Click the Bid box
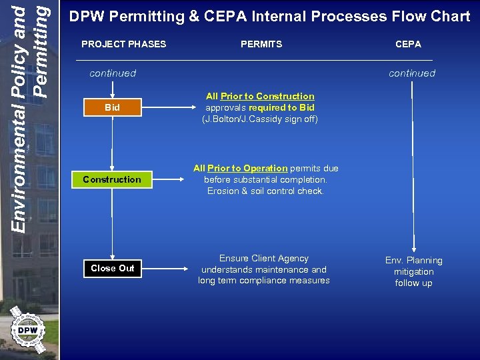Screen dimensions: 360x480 tap(112, 107)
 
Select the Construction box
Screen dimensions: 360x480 tap(112, 179)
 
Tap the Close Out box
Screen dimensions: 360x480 tap(112, 268)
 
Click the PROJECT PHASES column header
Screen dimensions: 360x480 tap(123, 44)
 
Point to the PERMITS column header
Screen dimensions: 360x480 tap(261, 44)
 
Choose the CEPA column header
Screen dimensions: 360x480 tap(408, 44)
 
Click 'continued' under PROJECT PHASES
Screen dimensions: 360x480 tap(113, 73)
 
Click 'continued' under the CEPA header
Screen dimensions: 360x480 tap(412, 73)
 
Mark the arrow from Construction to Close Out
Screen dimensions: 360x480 tap(112, 223)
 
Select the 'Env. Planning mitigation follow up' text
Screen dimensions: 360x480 tap(413, 271)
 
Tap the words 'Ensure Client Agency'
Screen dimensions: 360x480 tap(264, 258)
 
